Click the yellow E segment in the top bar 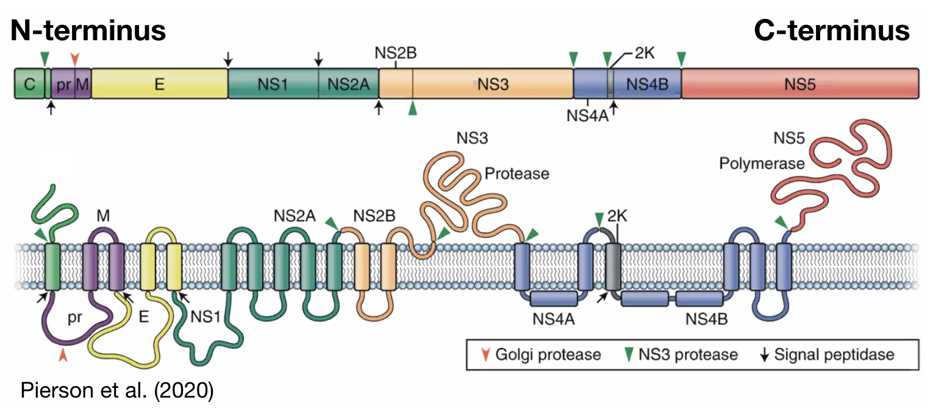[x=159, y=84]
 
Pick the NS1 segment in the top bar [x=272, y=84]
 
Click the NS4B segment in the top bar [x=648, y=84]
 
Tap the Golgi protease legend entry [x=540, y=354]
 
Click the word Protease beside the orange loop [x=517, y=174]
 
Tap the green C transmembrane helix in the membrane [x=53, y=266]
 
